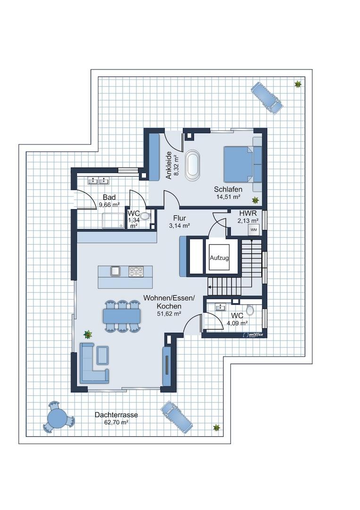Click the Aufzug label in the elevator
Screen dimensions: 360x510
(219, 258)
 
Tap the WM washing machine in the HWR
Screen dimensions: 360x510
(254, 229)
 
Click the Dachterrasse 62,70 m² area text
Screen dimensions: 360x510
(116, 418)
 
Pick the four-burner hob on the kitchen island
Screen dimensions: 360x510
(136, 271)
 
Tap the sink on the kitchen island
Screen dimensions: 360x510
(115, 271)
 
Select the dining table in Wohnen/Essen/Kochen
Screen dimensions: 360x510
(122, 316)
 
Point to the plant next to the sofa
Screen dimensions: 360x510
(87, 334)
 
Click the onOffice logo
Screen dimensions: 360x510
(253, 334)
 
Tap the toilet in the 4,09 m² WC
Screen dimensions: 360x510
(250, 310)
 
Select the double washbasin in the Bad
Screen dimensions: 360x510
(98, 180)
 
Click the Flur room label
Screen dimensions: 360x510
(179, 218)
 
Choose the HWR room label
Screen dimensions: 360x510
(248, 214)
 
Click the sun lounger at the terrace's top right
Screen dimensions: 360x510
(266, 97)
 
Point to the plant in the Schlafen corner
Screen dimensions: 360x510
(255, 200)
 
